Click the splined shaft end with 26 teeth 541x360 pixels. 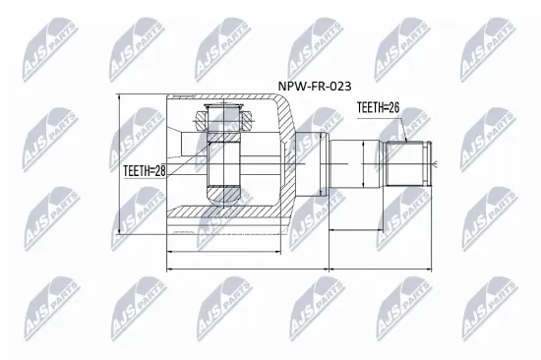[x=406, y=163]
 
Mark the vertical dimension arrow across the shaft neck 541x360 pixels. [x=366, y=163]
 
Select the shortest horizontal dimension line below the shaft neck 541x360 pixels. [x=350, y=232]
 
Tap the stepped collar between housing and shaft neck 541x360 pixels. [x=313, y=162]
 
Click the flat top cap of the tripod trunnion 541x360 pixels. [x=224, y=105]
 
